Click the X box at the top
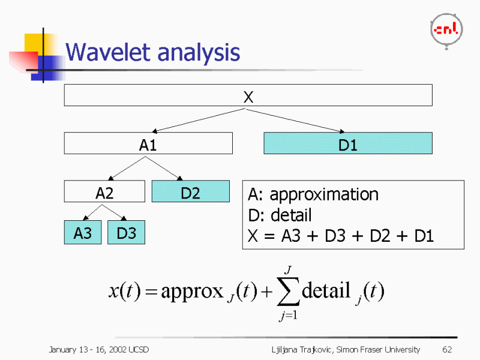pos(248,95)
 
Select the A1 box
pos(148,144)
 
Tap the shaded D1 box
pos(348,144)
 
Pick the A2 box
pos(104,193)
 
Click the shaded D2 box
pos(190,192)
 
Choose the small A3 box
pos(83,233)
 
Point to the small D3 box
pos(126,233)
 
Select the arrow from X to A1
pos(198,120)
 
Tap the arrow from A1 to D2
pos(162,169)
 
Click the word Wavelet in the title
pos(109,53)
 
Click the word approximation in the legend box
pos(324,194)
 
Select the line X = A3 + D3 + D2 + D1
pos(340,236)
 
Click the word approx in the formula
pos(192,292)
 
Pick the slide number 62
pos(446,349)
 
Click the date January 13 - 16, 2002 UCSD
pos(98,349)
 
